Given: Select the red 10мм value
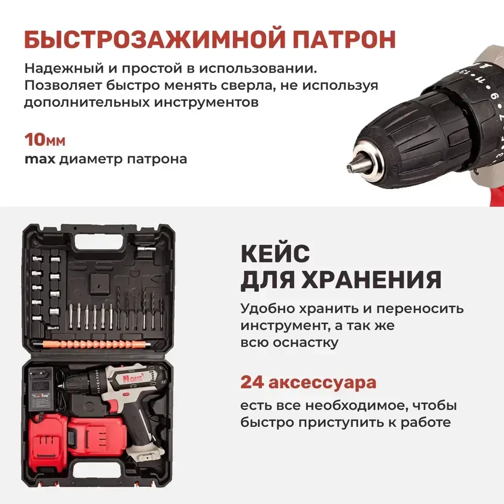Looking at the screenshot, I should point(45,140).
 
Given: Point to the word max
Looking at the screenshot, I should point(40,159).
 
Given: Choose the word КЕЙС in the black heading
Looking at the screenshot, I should point(275,253).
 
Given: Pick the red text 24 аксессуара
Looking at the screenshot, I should point(308,382).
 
